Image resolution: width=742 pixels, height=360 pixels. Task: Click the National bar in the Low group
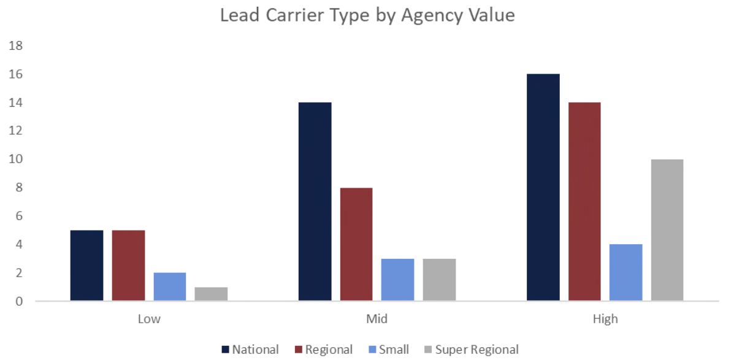[86, 266]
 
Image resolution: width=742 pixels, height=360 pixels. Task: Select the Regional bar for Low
[128, 266]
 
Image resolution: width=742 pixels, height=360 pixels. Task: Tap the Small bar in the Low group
[169, 287]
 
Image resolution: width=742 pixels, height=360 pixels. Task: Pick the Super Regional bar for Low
[211, 294]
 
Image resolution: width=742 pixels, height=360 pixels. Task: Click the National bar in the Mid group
[315, 202]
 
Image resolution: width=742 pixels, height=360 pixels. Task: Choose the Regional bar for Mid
[356, 244]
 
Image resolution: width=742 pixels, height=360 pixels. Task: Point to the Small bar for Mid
[397, 280]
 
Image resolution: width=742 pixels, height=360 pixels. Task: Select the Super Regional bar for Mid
[439, 280]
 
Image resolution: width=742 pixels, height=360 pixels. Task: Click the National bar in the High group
[543, 188]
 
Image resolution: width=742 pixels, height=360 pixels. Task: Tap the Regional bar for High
[584, 202]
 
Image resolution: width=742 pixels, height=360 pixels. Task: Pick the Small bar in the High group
[626, 273]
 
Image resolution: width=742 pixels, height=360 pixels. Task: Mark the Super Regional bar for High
[667, 230]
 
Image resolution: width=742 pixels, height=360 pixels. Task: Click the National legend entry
[250, 350]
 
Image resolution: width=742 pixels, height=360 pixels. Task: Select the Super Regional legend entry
[471, 350]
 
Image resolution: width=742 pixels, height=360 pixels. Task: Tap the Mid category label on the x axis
[377, 319]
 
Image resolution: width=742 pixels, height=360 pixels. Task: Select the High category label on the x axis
[605, 319]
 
